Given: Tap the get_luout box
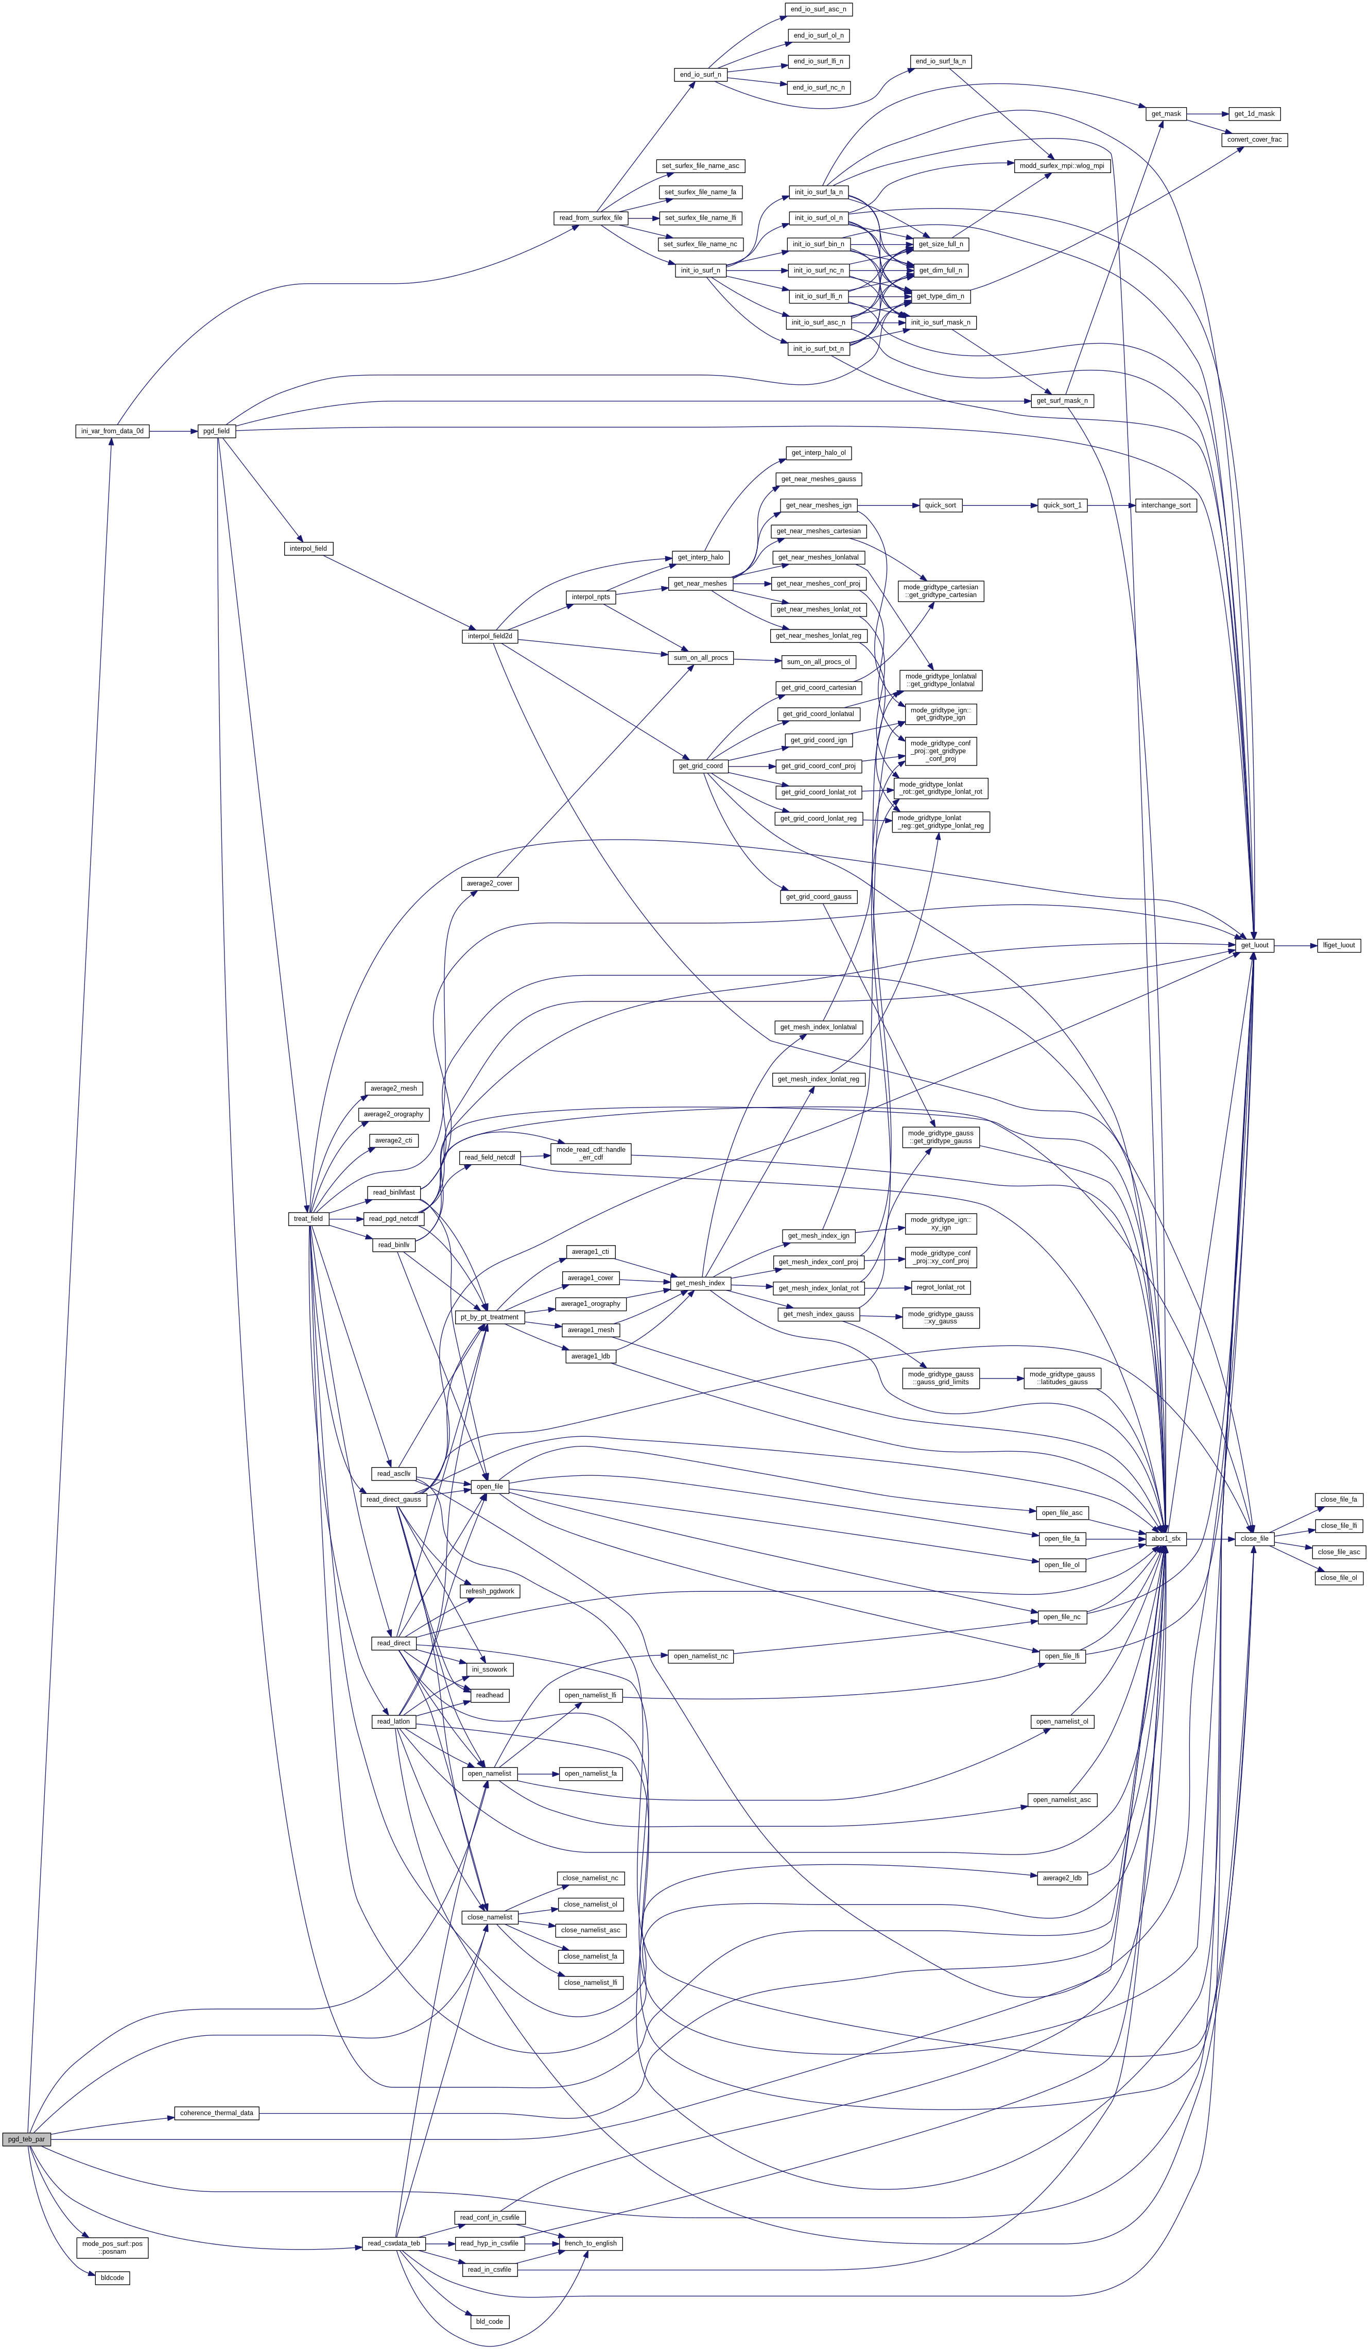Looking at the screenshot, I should pyautogui.click(x=1254, y=945).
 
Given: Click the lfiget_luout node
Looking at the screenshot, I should pyautogui.click(x=1338, y=945).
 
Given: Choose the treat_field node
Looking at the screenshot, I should pyautogui.click(x=308, y=1218).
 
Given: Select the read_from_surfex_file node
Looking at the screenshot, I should pyautogui.click(x=591, y=218).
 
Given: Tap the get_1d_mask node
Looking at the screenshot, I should pyautogui.click(x=1254, y=114).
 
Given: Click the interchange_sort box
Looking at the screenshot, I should pyautogui.click(x=1166, y=505).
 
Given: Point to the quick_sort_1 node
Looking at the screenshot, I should pyautogui.click(x=1062, y=505).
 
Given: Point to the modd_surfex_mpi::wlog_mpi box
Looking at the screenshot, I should pyautogui.click(x=1062, y=166).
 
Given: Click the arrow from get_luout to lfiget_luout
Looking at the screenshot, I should pyautogui.click(x=1295, y=945).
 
